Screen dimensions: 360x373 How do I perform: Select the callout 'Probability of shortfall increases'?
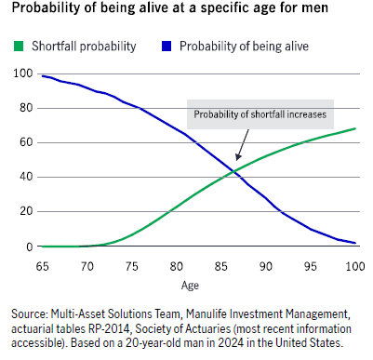pos(260,115)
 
